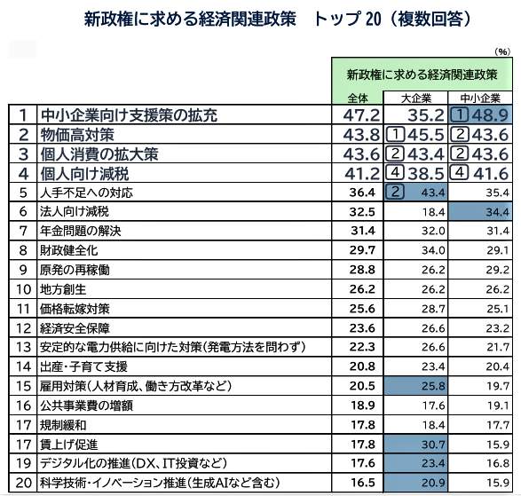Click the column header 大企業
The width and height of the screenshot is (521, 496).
416,97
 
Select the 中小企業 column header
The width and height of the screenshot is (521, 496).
480,97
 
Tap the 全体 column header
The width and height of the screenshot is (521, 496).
358,97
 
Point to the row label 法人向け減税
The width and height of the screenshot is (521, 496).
74,212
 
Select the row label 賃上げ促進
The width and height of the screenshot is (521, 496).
68,444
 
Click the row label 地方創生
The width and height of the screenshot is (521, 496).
62,289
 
